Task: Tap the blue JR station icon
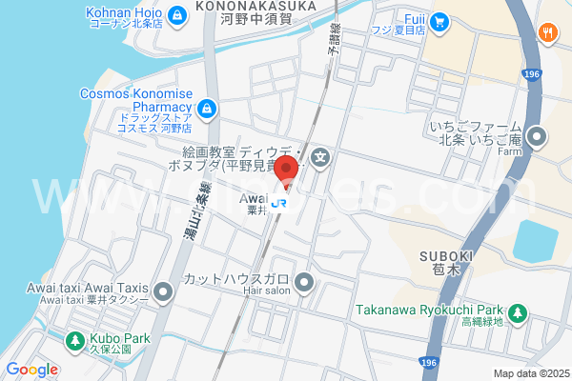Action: (279, 201)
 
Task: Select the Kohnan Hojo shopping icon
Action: (177, 15)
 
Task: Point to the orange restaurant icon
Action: (547, 33)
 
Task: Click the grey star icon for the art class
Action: (320, 158)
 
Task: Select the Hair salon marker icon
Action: (304, 282)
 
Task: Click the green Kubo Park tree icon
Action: (74, 339)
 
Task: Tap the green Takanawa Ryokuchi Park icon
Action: (517, 311)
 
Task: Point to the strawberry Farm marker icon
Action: (537, 138)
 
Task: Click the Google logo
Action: (31, 370)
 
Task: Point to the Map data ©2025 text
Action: (529, 373)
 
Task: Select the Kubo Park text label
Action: (121, 338)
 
